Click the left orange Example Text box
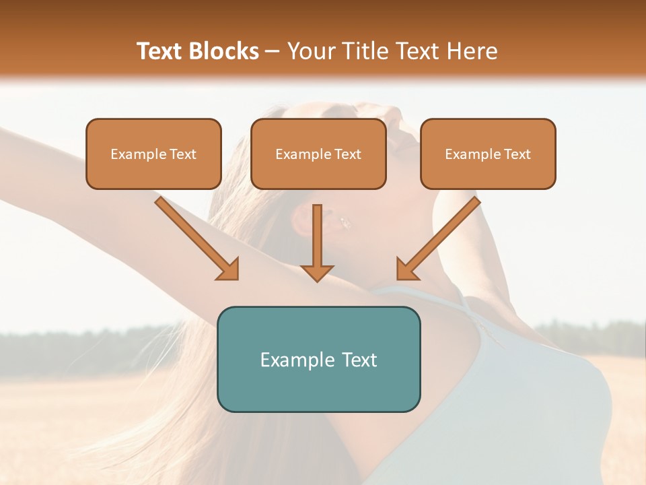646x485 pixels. pyautogui.click(x=153, y=154)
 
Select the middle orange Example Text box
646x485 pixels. pyautogui.click(x=318, y=154)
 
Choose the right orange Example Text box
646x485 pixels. pyautogui.click(x=488, y=154)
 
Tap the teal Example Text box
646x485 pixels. pyautogui.click(x=318, y=359)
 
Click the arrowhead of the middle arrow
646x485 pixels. pyautogui.click(x=317, y=272)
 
